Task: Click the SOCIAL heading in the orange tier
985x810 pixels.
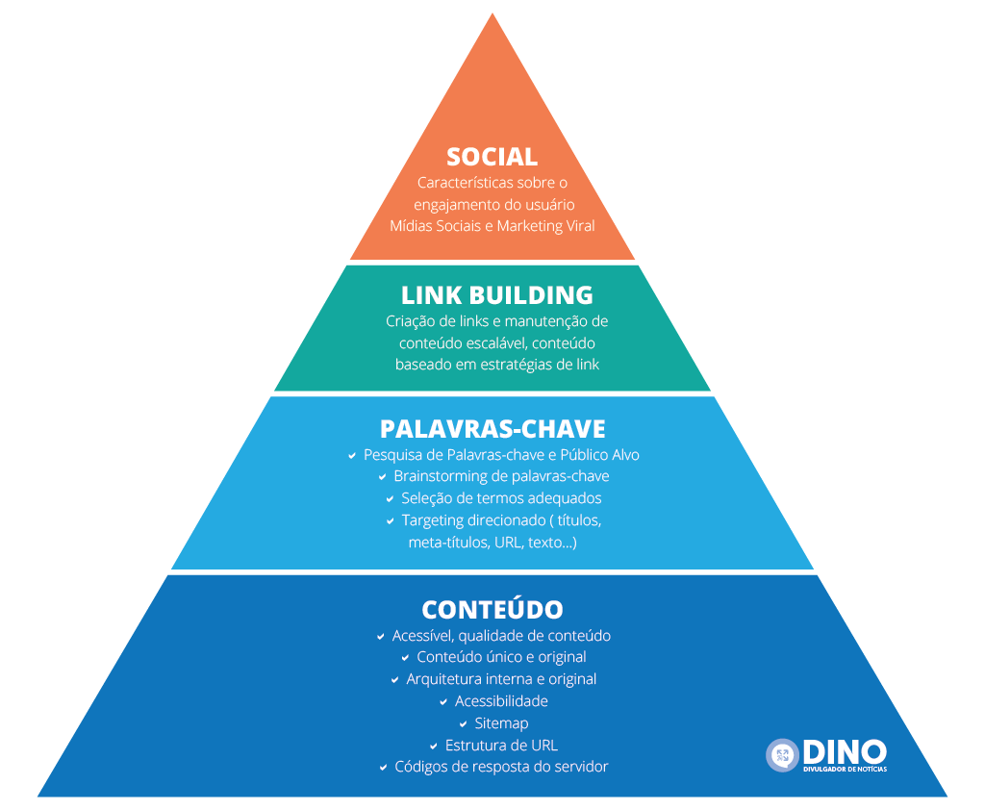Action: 492,156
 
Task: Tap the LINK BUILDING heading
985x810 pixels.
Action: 496,294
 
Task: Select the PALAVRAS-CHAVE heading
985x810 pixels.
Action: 492,428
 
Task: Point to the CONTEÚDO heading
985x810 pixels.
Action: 492,609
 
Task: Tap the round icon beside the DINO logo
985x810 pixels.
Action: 782,755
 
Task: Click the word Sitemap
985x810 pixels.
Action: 501,723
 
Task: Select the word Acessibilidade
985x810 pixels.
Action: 501,701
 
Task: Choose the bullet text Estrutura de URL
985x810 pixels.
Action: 501,746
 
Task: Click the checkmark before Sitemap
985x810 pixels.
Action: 463,724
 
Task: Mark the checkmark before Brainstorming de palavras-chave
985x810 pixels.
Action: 382,477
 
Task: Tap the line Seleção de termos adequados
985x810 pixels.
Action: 501,498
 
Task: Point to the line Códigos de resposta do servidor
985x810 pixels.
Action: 501,767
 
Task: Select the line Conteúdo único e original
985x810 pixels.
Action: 501,657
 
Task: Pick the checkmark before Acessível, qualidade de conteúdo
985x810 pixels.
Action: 381,637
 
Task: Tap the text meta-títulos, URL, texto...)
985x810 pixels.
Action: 492,543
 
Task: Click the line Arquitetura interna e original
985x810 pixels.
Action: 501,679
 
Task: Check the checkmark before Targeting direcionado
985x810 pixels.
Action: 391,521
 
